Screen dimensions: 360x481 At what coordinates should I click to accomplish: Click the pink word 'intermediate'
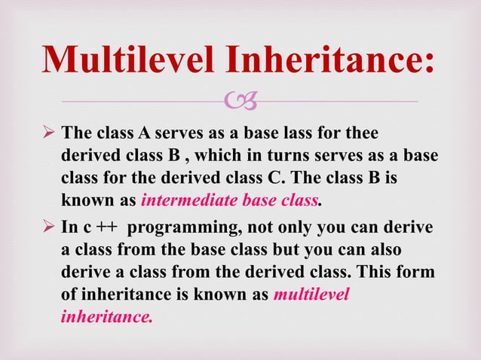(x=180, y=201)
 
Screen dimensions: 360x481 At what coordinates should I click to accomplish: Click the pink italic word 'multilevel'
(x=311, y=294)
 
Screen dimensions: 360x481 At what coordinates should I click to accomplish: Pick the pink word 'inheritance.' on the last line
(x=106, y=316)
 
